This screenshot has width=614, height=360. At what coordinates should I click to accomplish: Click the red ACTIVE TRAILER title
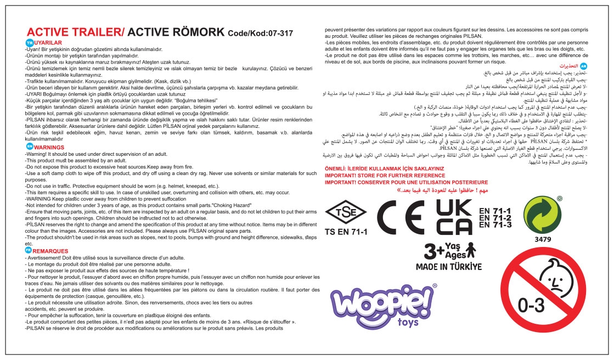coord(76,32)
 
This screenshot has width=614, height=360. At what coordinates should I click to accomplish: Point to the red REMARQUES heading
coord(51,250)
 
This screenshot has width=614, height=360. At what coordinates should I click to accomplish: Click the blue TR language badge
coord(29,42)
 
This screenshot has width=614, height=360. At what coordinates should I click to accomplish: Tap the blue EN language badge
coord(29,147)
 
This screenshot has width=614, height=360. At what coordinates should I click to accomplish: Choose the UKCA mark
coord(454,218)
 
